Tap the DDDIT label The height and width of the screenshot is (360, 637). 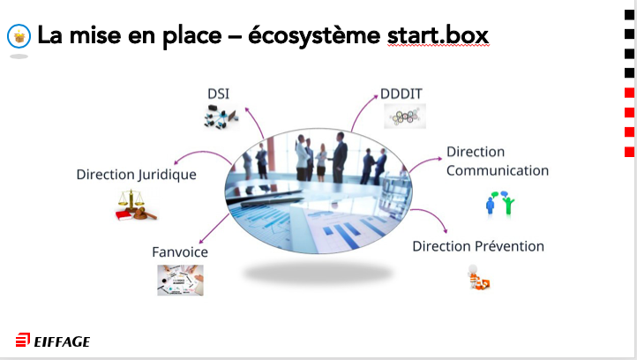click(403, 92)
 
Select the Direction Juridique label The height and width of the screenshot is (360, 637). click(136, 175)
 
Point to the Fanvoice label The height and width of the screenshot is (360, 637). click(180, 251)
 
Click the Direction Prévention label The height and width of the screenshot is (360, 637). click(478, 245)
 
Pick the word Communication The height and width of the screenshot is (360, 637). click(498, 170)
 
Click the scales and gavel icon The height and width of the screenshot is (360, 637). click(135, 206)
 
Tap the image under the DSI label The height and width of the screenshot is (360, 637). click(221, 116)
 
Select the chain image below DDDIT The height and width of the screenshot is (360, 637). click(404, 116)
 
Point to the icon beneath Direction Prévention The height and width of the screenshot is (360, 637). click(478, 280)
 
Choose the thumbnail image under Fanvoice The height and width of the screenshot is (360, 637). click(180, 280)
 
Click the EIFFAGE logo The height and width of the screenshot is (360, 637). click(53, 341)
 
